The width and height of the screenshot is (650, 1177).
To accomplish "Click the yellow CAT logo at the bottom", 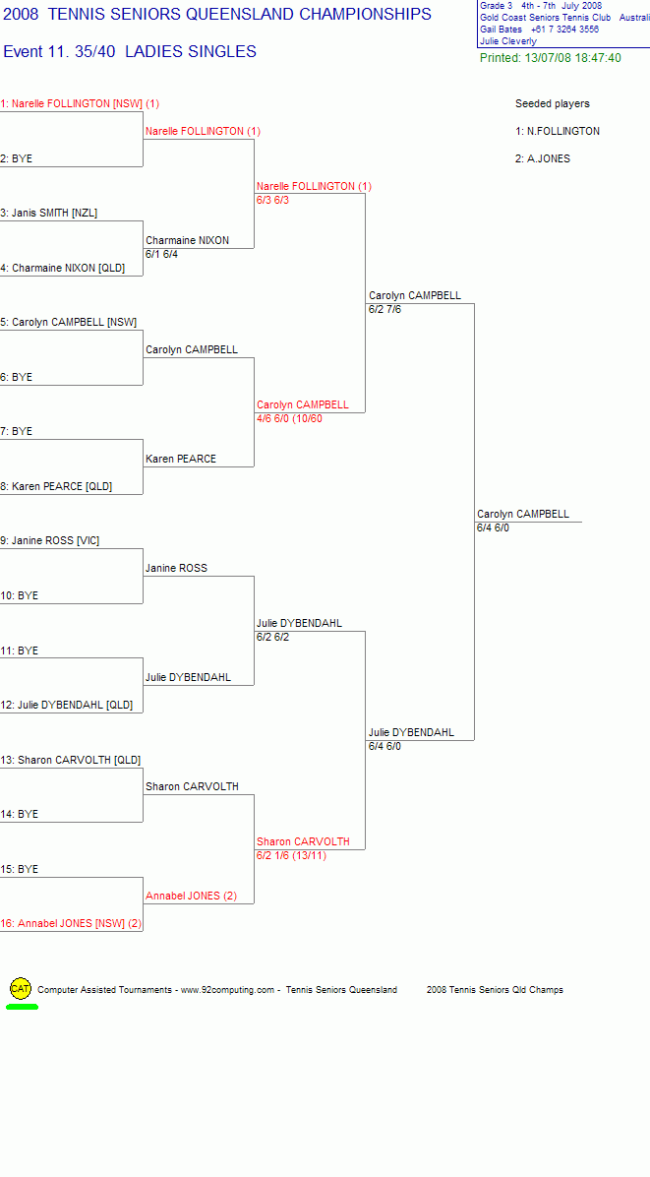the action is coord(21,989).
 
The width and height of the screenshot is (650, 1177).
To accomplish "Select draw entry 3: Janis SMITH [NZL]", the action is coord(49,214).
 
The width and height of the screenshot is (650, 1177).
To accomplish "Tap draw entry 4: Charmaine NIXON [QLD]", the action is coord(63,268).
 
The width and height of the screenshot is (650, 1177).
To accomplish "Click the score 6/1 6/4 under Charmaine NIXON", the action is coord(162,255).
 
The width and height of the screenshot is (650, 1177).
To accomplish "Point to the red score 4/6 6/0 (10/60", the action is coord(289,419).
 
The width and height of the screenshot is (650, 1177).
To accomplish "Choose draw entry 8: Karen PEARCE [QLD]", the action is coord(56,486).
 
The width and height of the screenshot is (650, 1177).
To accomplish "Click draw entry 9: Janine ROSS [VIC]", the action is coord(50,540).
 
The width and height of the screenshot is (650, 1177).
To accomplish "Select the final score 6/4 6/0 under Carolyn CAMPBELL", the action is coord(494,527).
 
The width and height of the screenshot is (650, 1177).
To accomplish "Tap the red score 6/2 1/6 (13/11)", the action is coord(292,856).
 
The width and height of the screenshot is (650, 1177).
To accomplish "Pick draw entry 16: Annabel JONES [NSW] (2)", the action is coord(71,923).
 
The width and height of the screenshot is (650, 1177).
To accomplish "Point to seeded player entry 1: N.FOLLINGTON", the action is coord(558,131).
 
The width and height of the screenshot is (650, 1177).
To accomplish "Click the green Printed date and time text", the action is coord(551,58).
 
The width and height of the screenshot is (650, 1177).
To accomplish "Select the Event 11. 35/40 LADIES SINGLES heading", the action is coord(130,52).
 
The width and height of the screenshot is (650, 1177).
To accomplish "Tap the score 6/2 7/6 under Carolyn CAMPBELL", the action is coord(385,309).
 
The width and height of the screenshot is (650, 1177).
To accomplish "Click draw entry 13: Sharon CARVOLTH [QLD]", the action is coord(71,760).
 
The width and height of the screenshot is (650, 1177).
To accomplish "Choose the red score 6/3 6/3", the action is coord(273,200).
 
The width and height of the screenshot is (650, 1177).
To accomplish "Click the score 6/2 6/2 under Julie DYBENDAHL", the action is coord(273,638).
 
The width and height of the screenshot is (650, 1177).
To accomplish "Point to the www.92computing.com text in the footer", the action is coord(228,990).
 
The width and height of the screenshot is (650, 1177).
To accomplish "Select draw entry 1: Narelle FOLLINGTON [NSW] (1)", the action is coord(80,103).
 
